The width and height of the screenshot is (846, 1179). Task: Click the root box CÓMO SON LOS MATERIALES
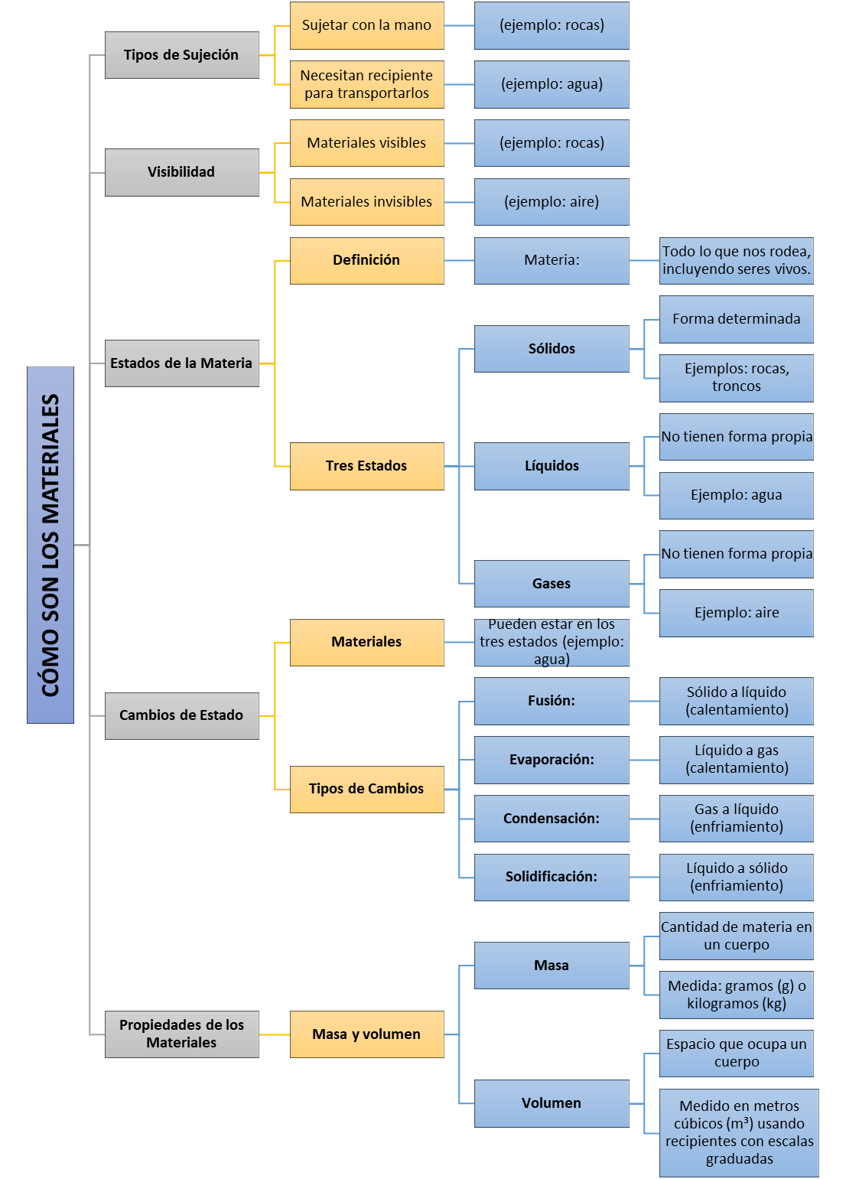pyautogui.click(x=50, y=545)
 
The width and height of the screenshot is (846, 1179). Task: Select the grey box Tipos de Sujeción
pyautogui.click(x=181, y=55)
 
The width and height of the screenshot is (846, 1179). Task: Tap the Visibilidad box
pyautogui.click(x=181, y=172)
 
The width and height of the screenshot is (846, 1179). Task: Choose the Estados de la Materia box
pyautogui.click(x=181, y=363)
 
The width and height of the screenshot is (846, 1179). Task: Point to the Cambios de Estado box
pyautogui.click(x=181, y=715)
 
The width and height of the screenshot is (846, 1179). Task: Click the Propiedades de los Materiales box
pyautogui.click(x=181, y=1034)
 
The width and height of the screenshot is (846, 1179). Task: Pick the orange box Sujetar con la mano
pyautogui.click(x=366, y=25)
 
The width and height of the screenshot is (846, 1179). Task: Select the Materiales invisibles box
pyautogui.click(x=366, y=202)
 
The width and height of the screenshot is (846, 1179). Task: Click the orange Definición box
pyautogui.click(x=366, y=260)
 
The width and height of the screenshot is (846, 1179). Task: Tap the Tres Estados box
pyautogui.click(x=366, y=466)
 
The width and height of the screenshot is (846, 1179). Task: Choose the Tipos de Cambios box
pyautogui.click(x=366, y=789)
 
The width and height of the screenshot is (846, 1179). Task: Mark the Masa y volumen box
pyautogui.click(x=366, y=1034)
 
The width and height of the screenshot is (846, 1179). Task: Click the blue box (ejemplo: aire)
pyautogui.click(x=552, y=202)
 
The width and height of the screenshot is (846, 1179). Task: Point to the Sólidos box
pyautogui.click(x=552, y=349)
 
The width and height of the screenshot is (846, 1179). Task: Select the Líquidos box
pyautogui.click(x=552, y=466)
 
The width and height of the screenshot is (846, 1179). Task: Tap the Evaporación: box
pyautogui.click(x=552, y=760)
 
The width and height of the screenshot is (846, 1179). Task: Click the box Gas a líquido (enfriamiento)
pyautogui.click(x=737, y=818)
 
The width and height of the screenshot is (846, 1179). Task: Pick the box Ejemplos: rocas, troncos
pyautogui.click(x=737, y=378)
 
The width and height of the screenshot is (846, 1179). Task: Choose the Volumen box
pyautogui.click(x=552, y=1103)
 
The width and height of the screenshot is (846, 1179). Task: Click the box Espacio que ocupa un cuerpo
pyautogui.click(x=737, y=1053)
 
